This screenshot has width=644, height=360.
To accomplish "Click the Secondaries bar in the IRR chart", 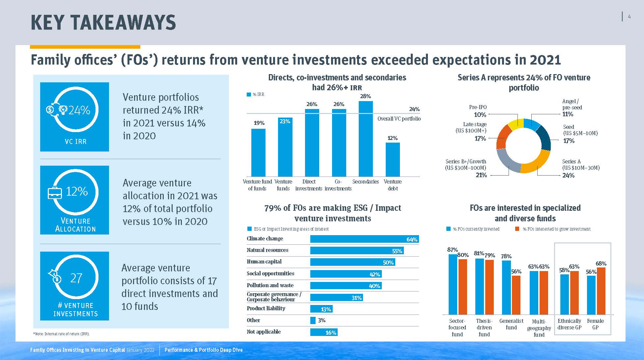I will click(x=366, y=139).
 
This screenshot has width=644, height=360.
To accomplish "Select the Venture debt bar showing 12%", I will click(x=393, y=159).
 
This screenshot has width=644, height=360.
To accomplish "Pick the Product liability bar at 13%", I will click(x=322, y=309).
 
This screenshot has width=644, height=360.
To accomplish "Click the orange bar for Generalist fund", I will click(x=516, y=295).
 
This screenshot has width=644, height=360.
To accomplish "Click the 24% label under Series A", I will click(x=568, y=176).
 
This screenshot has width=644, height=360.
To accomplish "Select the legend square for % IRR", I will click(x=249, y=95).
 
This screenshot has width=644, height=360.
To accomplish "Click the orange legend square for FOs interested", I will click(x=517, y=229).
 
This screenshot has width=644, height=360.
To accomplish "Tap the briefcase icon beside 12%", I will click(x=55, y=193).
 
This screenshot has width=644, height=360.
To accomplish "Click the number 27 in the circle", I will click(x=76, y=278).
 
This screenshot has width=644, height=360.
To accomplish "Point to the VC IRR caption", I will click(x=75, y=142).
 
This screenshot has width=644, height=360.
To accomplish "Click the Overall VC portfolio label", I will click(x=399, y=119).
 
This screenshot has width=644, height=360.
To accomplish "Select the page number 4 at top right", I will click(x=629, y=17).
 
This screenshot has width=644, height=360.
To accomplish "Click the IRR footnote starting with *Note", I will click(x=61, y=334).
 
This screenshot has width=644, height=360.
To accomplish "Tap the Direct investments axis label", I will click(x=309, y=185).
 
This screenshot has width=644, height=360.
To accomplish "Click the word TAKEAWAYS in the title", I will click(x=123, y=23).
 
